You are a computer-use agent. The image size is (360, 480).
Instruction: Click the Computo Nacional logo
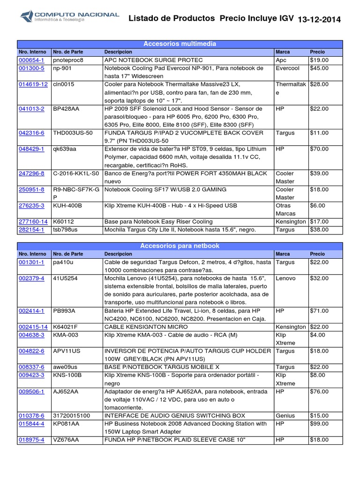[69, 18]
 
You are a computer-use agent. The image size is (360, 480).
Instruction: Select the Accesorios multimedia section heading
[180, 44]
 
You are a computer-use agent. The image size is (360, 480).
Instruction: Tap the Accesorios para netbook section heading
[180, 246]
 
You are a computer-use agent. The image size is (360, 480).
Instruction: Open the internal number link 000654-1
[31, 60]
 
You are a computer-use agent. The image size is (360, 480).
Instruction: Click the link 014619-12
[33, 84]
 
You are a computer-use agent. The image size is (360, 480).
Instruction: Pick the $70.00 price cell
[319, 149]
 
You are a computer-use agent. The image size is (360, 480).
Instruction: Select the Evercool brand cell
[288, 68]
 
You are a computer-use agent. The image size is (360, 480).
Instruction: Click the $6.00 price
[317, 206]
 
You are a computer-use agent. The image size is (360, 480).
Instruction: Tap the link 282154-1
[31, 230]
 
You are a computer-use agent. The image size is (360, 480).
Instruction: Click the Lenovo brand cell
[286, 278]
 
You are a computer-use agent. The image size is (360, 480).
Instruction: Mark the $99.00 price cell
[319, 424]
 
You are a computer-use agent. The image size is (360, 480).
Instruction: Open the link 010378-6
[31, 416]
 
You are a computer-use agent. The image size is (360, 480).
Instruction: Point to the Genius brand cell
[285, 416]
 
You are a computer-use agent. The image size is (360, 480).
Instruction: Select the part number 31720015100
[71, 416]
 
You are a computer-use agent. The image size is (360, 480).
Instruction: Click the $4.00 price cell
[317, 335]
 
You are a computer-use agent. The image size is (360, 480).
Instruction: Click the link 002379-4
[31, 278]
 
